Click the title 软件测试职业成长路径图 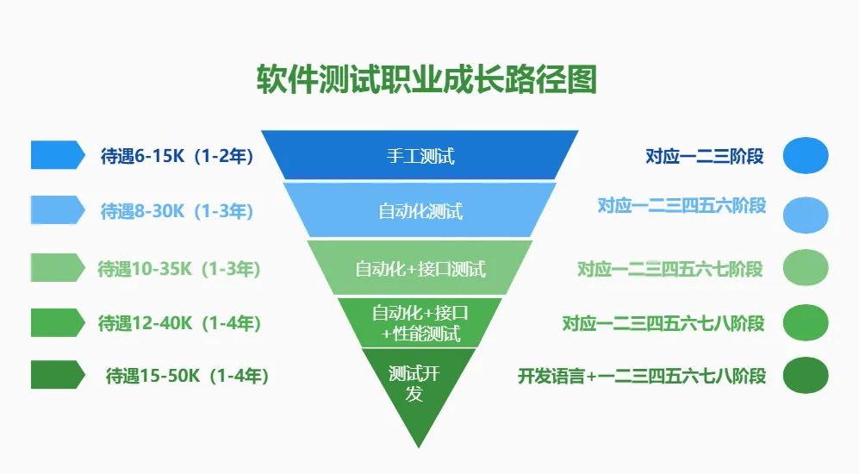426,80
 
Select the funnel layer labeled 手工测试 420,155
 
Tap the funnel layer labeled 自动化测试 420,210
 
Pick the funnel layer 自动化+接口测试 420,268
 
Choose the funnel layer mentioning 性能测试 420,323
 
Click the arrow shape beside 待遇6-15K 58,155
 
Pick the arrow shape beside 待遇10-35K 58,267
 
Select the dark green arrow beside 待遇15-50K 58,375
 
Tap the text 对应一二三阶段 705,156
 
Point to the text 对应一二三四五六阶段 682,205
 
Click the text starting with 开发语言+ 642,376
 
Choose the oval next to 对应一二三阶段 806,156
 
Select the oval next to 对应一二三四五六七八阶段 806,323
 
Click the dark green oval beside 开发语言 806,376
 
